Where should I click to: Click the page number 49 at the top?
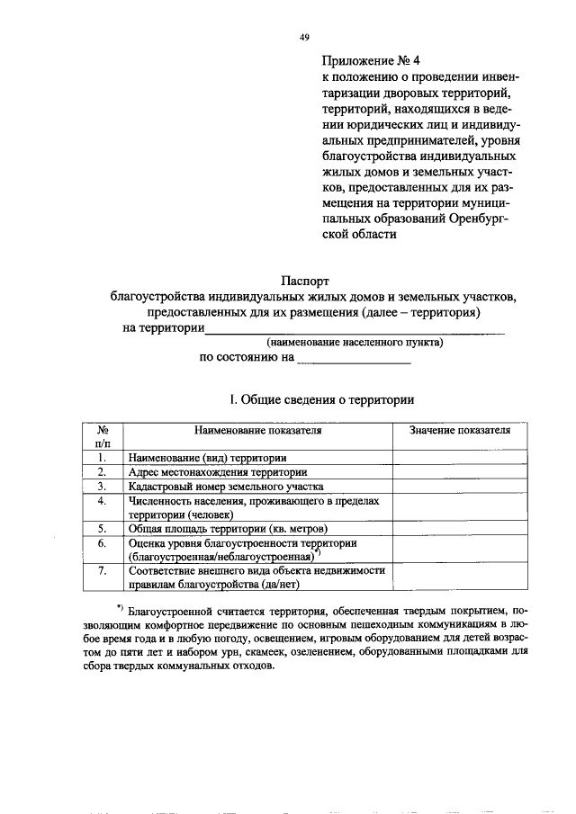point(303,37)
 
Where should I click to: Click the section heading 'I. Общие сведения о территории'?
point(310,398)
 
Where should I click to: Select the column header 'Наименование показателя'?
point(256,431)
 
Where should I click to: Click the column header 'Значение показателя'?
point(460,431)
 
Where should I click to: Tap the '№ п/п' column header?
point(103,437)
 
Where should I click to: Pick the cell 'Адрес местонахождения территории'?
point(218,472)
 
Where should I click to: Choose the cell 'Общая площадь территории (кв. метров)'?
point(228,529)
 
